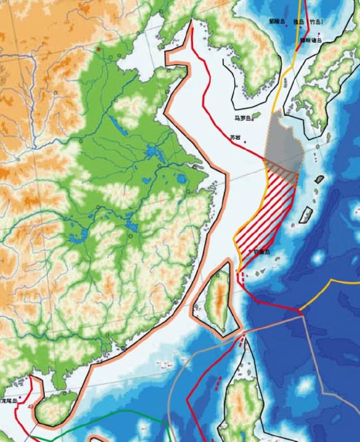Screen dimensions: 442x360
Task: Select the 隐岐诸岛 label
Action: (310, 40)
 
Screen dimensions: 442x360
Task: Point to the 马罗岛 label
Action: (242, 118)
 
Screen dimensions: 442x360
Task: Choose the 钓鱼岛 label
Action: (261, 252)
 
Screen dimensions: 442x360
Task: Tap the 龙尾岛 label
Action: (9, 399)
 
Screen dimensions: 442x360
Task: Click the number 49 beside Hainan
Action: (30, 407)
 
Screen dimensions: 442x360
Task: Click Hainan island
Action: (55, 407)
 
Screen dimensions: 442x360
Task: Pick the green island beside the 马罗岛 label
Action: (255, 115)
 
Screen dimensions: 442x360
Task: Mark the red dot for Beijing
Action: (99, 50)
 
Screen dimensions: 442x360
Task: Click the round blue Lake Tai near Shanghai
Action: (181, 178)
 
